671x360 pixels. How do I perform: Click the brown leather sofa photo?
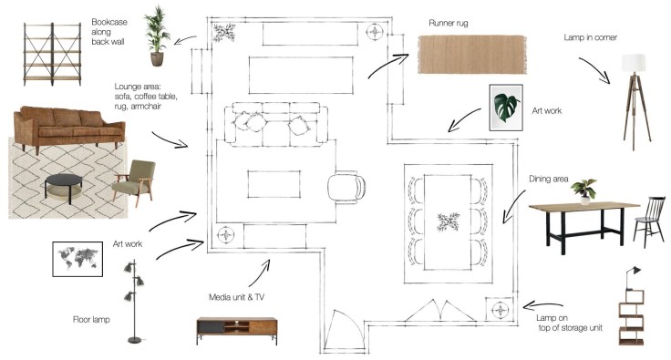click(69, 129)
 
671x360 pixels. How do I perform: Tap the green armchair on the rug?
click(133, 181)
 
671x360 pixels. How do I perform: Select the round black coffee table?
click(64, 188)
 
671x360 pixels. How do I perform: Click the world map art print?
click(77, 259)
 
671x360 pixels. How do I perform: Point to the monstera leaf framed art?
click(506, 108)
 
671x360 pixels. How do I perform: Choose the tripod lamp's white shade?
click(634, 63)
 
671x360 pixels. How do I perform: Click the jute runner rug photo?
click(472, 55)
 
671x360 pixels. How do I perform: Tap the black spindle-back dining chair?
click(650, 221)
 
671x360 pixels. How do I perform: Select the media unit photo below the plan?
click(237, 330)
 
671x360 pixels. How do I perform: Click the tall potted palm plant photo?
click(157, 36)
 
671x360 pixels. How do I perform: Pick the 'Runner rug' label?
click(448, 23)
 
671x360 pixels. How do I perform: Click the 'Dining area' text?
click(548, 179)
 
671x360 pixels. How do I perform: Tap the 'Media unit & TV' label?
click(236, 297)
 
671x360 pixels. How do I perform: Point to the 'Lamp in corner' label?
click(590, 37)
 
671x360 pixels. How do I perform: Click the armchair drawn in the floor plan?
click(346, 187)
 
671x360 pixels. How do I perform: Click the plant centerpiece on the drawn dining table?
click(448, 221)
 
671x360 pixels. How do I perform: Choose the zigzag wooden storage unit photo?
click(632, 317)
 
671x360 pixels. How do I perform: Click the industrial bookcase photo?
click(52, 54)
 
